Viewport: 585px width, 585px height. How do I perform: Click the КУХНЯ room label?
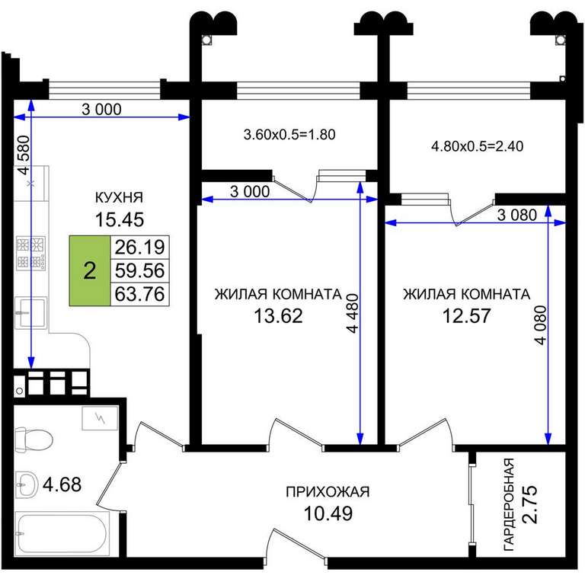point(119,197)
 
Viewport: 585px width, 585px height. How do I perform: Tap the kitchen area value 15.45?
point(120,219)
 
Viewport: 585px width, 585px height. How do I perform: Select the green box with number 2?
point(90,270)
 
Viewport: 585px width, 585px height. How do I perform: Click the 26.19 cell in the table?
point(139,247)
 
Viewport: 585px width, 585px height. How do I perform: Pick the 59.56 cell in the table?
point(139,270)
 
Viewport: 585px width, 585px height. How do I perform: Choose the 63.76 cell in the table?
point(139,294)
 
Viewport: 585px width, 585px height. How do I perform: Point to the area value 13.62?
point(278,315)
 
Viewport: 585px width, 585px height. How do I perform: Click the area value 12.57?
point(466,315)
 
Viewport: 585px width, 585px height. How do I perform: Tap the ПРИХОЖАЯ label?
point(328,492)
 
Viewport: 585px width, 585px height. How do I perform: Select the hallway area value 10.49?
point(328,513)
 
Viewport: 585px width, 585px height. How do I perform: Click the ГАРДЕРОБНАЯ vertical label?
point(509,504)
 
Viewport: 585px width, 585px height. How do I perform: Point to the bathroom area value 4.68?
point(62,484)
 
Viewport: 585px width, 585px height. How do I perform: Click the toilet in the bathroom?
point(34,440)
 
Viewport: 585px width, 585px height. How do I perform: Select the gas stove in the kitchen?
point(31,254)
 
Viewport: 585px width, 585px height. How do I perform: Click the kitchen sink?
point(31,312)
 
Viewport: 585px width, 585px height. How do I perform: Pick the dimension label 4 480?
point(352,312)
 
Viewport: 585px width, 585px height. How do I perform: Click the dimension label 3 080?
point(517,215)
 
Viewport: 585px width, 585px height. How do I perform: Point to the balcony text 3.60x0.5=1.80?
point(289,134)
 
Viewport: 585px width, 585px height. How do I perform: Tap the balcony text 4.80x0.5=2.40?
point(477,146)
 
